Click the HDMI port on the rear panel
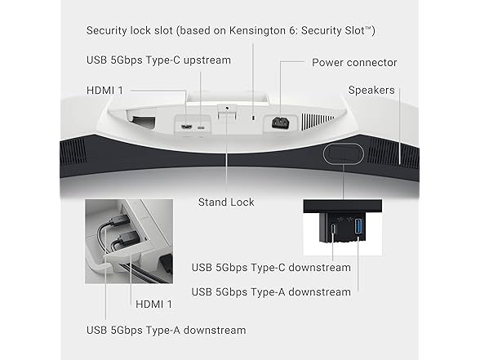[187, 127]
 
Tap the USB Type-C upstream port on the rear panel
[201, 127]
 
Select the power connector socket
[281, 122]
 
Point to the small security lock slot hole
[253, 118]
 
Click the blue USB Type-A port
[358, 227]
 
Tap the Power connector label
[354, 62]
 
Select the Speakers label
[371, 91]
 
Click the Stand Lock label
[226, 202]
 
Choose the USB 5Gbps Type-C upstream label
[158, 60]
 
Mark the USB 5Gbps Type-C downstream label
[271, 268]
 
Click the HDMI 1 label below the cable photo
[153, 304]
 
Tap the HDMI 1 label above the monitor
[104, 91]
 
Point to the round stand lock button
[227, 108]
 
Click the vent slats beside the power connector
[318, 121]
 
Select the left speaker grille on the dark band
[73, 152]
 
